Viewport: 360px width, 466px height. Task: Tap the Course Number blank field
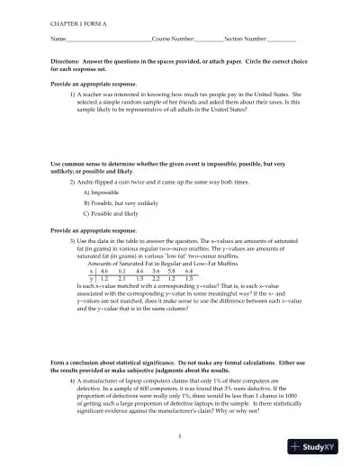click(209, 40)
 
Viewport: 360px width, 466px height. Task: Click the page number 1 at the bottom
click(180, 437)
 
